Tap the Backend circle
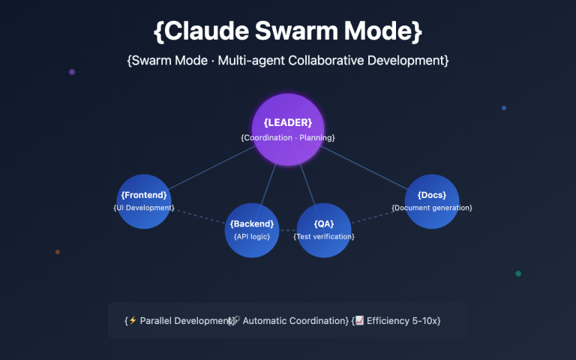(x=252, y=229)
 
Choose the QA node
(x=324, y=229)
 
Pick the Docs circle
(x=432, y=201)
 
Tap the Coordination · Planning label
(x=287, y=138)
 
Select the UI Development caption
(x=144, y=207)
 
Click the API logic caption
(x=252, y=236)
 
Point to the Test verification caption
(x=324, y=236)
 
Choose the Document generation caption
(x=432, y=208)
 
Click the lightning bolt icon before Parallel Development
(x=133, y=320)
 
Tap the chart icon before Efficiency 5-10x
(x=359, y=320)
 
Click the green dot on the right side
(x=518, y=273)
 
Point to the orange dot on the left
(x=58, y=252)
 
